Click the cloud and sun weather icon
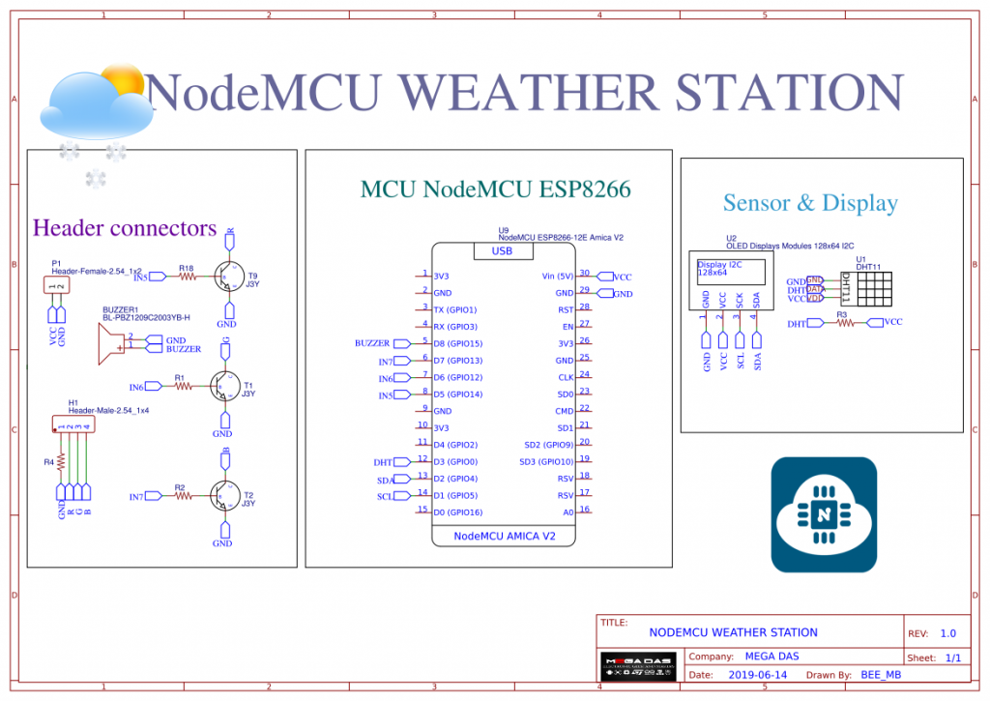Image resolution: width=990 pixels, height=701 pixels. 97,106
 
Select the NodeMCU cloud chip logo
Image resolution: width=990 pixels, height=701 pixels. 824,513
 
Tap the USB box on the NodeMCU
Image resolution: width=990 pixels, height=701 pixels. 502,251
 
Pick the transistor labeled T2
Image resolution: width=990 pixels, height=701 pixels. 226,496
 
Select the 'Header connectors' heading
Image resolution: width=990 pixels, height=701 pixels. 125,228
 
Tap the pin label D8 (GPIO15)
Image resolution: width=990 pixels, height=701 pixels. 457,343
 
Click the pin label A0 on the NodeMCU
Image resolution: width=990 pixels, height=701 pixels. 568,512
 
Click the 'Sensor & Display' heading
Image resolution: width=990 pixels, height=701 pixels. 810,203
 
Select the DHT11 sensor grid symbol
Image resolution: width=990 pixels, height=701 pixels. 871,288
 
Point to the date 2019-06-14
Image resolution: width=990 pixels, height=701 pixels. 758,675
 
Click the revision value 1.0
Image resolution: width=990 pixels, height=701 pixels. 947,633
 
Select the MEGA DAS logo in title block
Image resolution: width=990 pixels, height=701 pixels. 632,666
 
